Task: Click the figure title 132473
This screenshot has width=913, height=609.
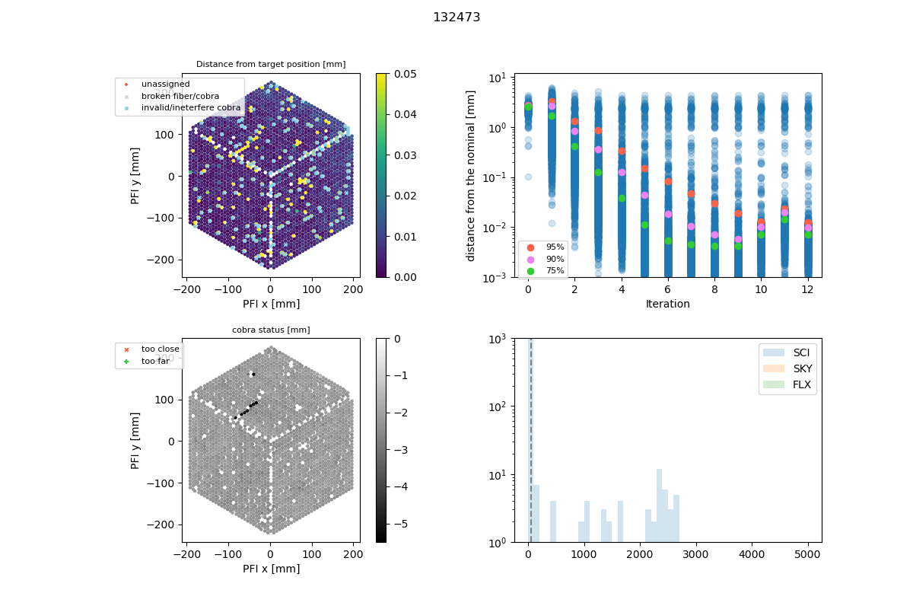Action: point(456,18)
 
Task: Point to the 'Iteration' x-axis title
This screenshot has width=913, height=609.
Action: point(667,304)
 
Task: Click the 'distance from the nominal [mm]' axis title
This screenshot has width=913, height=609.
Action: point(472,175)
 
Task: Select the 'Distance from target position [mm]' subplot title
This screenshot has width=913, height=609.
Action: point(271,64)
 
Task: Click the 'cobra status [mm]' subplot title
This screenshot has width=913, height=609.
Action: point(271,330)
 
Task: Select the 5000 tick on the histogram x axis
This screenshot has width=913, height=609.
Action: point(808,554)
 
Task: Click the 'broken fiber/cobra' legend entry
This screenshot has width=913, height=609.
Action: point(180,96)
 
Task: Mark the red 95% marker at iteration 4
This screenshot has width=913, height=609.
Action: point(622,151)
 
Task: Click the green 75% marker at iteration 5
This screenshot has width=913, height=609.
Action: point(644,225)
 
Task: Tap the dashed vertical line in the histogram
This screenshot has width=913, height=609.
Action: point(530,457)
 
